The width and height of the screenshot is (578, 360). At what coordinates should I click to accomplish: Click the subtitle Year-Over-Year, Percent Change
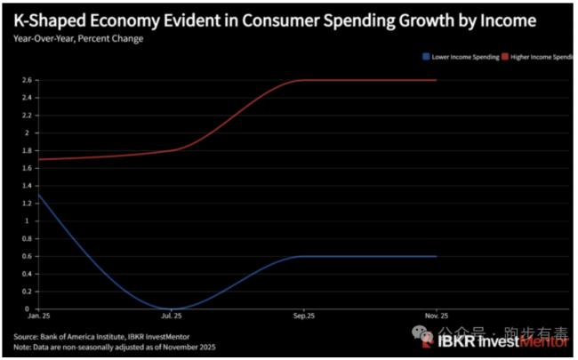point(78,38)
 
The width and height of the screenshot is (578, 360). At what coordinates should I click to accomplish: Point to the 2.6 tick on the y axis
point(27,80)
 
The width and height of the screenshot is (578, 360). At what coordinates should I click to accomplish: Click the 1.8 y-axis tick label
point(27,150)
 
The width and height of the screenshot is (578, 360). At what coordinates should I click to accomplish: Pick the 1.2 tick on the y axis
point(27,203)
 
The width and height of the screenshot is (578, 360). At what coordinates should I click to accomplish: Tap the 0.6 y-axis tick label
point(27,256)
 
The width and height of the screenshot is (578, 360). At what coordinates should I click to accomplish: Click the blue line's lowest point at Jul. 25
point(173,308)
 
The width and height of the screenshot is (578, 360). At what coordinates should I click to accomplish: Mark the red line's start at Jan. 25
point(37,159)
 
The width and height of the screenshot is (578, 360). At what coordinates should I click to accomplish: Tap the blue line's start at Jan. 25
point(37,194)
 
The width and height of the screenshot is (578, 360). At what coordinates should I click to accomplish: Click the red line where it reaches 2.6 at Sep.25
point(305,80)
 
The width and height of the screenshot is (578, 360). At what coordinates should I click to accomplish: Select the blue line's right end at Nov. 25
point(437,256)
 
